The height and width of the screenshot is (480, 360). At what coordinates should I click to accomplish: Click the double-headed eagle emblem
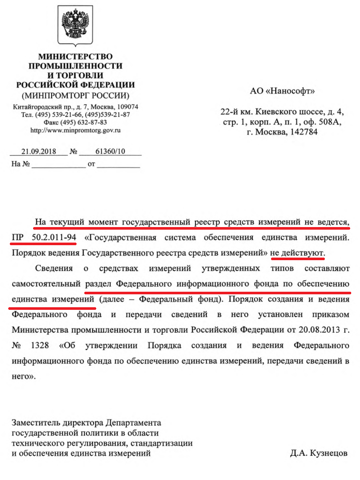[x=75, y=25]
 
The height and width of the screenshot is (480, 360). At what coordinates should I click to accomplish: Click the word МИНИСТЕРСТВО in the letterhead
[x=76, y=56]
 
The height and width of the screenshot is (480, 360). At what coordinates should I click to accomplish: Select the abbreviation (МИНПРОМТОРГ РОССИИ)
[x=76, y=96]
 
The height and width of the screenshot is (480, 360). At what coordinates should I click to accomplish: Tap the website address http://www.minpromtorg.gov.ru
[x=76, y=130]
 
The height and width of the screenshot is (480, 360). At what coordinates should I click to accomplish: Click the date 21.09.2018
[x=39, y=152]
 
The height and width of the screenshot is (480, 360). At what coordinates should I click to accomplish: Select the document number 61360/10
[x=111, y=152]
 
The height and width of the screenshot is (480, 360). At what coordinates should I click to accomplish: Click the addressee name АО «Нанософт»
[x=282, y=92]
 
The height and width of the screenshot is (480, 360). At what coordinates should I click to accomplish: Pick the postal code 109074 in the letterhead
[x=126, y=107]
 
